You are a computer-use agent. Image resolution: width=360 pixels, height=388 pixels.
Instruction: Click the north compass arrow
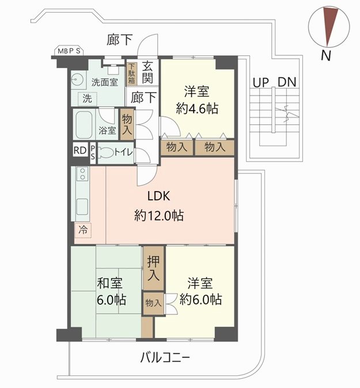pyautogui.click(x=331, y=26)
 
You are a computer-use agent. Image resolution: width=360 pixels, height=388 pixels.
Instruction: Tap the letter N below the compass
pyautogui.click(x=325, y=55)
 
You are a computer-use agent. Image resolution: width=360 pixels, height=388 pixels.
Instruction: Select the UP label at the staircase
pyautogui.click(x=260, y=82)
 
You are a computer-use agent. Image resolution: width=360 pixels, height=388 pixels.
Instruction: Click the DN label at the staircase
pyautogui.click(x=287, y=82)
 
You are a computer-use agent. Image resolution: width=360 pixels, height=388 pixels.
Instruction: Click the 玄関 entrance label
pyautogui.click(x=148, y=73)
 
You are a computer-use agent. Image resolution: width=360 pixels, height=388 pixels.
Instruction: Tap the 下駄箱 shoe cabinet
pyautogui.click(x=131, y=74)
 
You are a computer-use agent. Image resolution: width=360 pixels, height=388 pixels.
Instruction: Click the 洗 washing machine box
pyautogui.click(x=86, y=98)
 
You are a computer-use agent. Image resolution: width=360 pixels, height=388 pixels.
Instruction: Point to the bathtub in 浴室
pyautogui.click(x=84, y=124)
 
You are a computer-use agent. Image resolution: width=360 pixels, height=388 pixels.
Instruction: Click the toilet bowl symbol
pyautogui.click(x=105, y=153)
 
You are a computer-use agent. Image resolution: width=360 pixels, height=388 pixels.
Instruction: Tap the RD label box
pyautogui.click(x=79, y=152)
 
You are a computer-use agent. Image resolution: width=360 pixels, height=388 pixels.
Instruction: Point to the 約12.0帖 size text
pyautogui.click(x=159, y=216)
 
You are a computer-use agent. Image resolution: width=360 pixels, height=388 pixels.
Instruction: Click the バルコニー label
pyautogui.click(x=165, y=358)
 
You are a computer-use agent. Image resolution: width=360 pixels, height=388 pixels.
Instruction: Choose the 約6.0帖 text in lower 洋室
pyautogui.click(x=200, y=299)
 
